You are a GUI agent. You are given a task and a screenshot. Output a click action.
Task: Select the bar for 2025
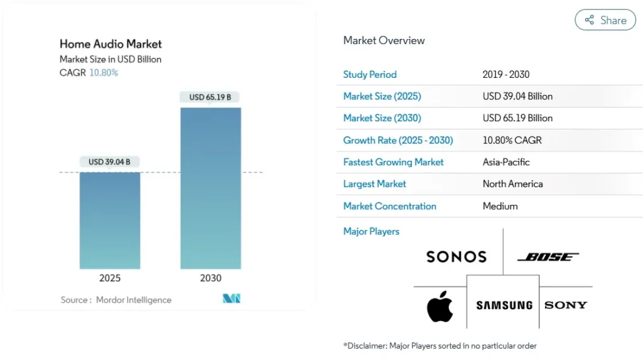click(x=110, y=220)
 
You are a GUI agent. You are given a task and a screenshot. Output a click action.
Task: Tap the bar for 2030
click(x=210, y=188)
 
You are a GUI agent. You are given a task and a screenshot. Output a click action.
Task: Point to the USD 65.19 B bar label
click(x=210, y=97)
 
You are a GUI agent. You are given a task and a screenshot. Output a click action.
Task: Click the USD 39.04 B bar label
click(x=110, y=161)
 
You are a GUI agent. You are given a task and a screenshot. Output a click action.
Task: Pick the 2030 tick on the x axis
click(x=210, y=278)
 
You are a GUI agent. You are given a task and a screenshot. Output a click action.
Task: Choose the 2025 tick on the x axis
click(x=110, y=278)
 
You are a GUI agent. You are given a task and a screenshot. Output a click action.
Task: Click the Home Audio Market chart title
click(x=111, y=44)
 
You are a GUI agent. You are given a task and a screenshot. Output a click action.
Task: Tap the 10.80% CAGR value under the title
click(x=104, y=73)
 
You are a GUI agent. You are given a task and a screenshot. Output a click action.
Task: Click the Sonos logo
click(x=457, y=256)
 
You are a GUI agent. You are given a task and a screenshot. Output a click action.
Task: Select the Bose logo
click(x=548, y=257)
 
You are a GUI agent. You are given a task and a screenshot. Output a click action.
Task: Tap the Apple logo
click(x=440, y=306)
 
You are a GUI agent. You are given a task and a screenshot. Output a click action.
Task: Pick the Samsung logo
click(x=504, y=305)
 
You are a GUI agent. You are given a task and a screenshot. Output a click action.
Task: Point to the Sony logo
click(x=566, y=305)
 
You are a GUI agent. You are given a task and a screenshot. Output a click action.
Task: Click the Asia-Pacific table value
click(x=506, y=162)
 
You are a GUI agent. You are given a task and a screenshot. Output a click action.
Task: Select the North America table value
click(x=512, y=184)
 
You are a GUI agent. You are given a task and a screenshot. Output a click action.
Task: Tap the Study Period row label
click(x=370, y=74)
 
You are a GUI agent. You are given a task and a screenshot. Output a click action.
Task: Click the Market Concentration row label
click(x=389, y=206)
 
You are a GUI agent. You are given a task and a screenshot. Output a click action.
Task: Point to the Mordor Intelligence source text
click(x=133, y=300)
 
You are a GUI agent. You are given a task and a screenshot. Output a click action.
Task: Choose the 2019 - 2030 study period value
click(x=506, y=74)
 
